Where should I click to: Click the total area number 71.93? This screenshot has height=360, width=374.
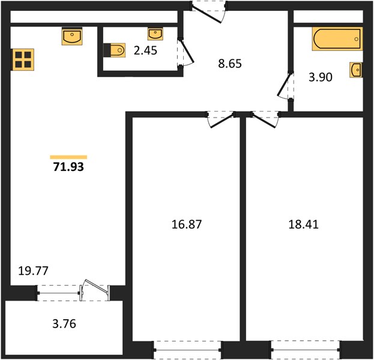click(x=68, y=167)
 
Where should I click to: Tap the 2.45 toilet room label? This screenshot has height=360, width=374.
click(x=145, y=50)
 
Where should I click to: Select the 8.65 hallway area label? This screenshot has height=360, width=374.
click(x=230, y=64)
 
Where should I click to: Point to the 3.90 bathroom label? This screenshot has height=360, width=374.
click(x=321, y=77)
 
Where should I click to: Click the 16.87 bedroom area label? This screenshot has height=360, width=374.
click(x=187, y=224)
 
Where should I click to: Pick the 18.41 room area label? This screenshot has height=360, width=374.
click(x=303, y=224)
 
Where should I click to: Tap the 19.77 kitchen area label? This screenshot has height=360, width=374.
click(x=33, y=271)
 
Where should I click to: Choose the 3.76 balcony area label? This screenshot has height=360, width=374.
click(x=64, y=324)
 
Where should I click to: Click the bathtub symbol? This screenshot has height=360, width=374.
click(x=337, y=39)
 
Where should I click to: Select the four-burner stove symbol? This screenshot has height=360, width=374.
click(x=23, y=59)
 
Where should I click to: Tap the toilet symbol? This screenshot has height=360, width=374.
click(x=115, y=50)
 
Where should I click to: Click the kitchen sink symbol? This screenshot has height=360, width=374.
click(x=72, y=36)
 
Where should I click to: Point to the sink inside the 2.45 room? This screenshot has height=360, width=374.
click(x=155, y=34)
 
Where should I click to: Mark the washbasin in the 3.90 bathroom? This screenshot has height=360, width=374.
click(x=356, y=70)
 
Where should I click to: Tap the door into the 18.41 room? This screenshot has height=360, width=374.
click(x=265, y=121)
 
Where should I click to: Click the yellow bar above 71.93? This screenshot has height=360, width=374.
click(x=68, y=157)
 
